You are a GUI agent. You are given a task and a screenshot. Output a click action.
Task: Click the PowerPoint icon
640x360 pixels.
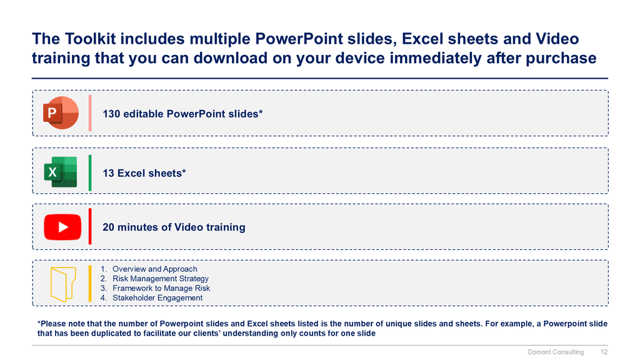(61, 113)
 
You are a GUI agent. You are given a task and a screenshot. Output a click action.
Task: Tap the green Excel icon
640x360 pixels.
(61, 172)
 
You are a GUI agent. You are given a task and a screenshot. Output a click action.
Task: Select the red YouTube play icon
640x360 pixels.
(62, 227)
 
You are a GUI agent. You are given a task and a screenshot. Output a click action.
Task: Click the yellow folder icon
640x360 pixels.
(63, 284)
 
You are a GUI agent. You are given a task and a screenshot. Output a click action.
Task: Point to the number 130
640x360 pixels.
(111, 114)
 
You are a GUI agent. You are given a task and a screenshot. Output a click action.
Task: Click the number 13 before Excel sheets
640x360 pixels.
(108, 173)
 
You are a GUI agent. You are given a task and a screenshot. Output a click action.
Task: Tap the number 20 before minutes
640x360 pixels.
(108, 227)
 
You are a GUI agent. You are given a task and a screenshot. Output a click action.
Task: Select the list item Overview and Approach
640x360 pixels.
(155, 269)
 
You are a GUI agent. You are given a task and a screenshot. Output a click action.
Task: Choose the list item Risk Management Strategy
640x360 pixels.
(161, 279)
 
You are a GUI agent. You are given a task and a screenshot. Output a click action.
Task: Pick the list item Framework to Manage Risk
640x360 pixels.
(161, 288)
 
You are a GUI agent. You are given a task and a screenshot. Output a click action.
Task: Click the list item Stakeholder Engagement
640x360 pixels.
(157, 298)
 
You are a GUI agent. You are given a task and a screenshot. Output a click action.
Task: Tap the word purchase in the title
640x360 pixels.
(561, 58)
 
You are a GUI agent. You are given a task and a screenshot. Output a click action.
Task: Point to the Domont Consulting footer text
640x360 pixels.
(556, 352)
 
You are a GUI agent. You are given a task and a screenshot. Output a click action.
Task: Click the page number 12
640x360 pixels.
(604, 352)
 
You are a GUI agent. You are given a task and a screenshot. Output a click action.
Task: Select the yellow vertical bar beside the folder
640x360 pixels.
(90, 284)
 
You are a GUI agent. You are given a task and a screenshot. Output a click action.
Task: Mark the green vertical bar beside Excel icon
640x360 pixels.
(90, 172)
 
